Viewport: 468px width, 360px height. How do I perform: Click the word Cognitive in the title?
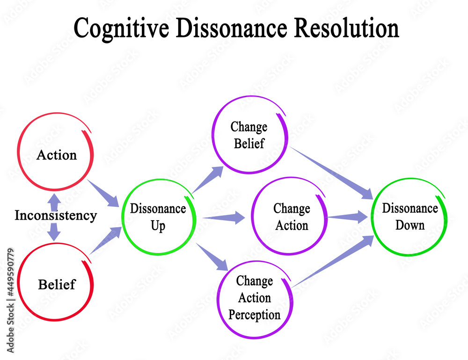click(x=121, y=29)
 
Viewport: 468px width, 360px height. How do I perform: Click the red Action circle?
click(x=18, y=152)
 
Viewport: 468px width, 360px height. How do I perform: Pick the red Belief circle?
click(x=18, y=282)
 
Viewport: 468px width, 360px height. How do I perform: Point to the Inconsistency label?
click(x=56, y=216)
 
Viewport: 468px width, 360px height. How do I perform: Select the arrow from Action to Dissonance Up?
click(x=103, y=193)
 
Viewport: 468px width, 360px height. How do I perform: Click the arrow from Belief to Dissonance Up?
click(x=105, y=240)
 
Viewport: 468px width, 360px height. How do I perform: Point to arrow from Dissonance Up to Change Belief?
click(x=208, y=180)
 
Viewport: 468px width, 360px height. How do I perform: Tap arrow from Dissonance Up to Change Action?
click(x=224, y=218)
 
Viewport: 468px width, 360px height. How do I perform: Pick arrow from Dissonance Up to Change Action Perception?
click(x=212, y=257)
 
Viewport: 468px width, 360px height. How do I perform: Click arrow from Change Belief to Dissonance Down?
click(x=331, y=173)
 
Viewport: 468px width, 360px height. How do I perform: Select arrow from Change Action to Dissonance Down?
click(x=348, y=217)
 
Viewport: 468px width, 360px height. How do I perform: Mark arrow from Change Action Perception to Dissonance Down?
click(x=332, y=262)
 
